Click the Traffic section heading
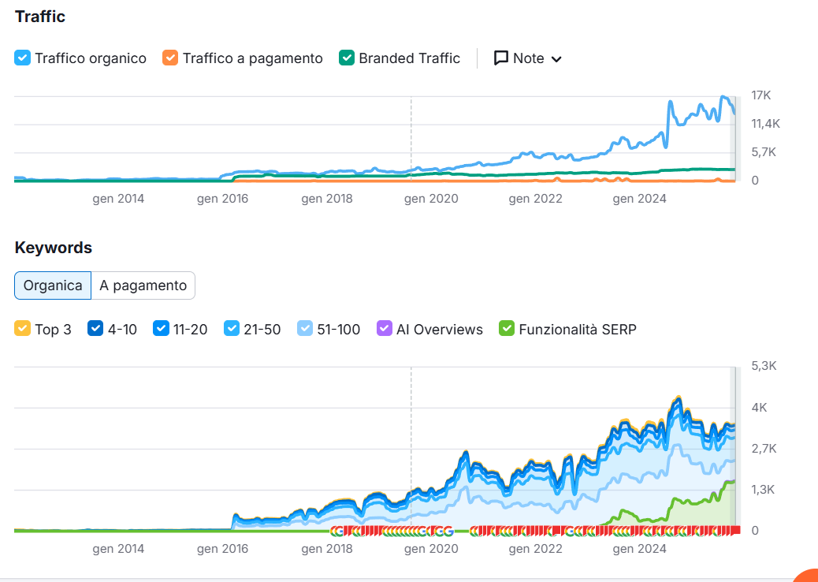click(x=40, y=17)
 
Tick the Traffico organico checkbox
click(x=23, y=58)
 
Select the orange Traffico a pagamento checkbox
click(x=170, y=58)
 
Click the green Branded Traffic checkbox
click(x=347, y=58)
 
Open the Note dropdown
click(x=528, y=58)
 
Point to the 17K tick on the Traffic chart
click(x=760, y=95)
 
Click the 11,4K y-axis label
click(x=765, y=124)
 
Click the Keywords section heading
click(x=54, y=248)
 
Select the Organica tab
click(x=53, y=285)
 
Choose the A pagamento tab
click(x=143, y=285)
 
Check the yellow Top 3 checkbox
click(x=23, y=329)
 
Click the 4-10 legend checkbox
click(x=95, y=329)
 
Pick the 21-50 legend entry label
click(x=262, y=329)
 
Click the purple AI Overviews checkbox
click(x=385, y=329)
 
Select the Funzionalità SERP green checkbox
click(x=507, y=329)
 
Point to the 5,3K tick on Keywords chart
click(x=762, y=366)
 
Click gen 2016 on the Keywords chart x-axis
click(x=222, y=548)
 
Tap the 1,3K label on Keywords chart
click(x=762, y=490)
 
